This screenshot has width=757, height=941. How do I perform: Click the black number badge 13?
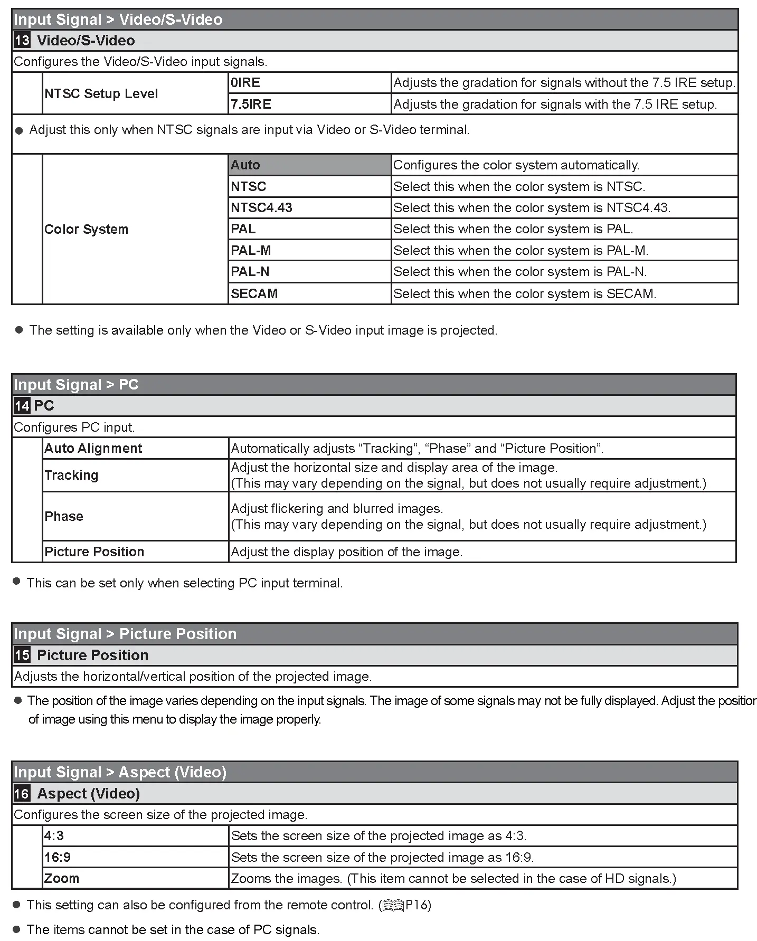coord(22,41)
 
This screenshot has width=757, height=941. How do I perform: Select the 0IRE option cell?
coord(309,83)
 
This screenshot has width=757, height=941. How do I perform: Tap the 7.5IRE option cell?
coord(309,104)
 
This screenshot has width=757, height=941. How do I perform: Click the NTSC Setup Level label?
coord(101,94)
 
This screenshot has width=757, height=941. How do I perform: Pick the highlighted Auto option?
coord(309,165)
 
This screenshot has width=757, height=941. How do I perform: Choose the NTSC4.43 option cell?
coord(309,208)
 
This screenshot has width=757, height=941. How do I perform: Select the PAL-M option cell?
coord(309,250)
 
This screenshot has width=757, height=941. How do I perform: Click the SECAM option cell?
coord(309,293)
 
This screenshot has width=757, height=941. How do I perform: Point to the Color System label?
coord(87,230)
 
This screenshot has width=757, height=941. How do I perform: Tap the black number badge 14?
coord(22,406)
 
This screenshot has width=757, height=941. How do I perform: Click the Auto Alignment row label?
coord(93,449)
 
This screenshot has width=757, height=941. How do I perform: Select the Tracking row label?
coord(72,476)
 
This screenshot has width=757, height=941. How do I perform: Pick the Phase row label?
coord(64,516)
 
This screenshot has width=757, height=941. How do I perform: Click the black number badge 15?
coord(22,655)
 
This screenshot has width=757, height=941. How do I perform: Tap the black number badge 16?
coord(22,794)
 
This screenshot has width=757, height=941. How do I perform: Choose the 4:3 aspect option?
coord(54,836)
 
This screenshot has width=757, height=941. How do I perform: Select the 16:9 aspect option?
coord(58,857)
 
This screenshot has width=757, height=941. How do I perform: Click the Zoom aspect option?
coord(62,878)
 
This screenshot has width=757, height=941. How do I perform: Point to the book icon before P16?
coord(393,906)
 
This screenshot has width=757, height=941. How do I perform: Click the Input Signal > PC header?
coord(77,385)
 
